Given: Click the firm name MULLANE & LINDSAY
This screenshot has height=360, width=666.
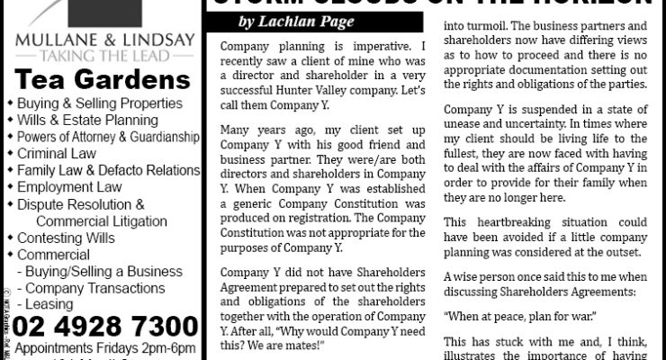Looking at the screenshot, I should point(101,40).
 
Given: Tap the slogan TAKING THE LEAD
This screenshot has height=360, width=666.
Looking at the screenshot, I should point(101,55).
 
